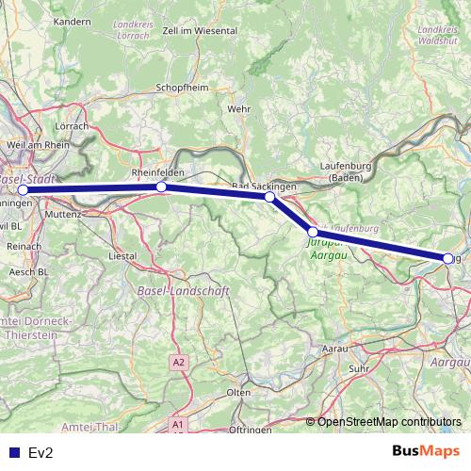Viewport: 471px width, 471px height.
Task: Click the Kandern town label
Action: tap(73, 46)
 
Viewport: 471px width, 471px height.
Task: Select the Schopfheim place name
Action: tap(182, 89)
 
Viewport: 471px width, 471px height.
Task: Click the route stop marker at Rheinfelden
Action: tap(161, 187)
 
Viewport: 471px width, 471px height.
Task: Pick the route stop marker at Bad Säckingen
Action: tap(269, 197)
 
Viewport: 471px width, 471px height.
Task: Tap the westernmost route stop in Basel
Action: tap(23, 189)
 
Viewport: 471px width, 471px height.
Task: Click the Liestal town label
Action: tap(124, 255)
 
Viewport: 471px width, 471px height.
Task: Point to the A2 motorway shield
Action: tap(179, 362)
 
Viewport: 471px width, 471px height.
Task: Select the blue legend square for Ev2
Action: tap(11, 452)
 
